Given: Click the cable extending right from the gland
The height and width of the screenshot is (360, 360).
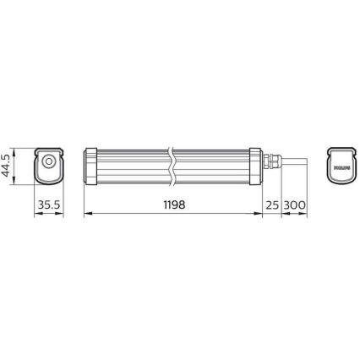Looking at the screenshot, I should point(292,161).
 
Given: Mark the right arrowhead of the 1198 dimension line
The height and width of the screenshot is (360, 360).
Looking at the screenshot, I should point(260,214).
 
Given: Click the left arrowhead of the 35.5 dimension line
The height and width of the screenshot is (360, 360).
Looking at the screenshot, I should point(35,214).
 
